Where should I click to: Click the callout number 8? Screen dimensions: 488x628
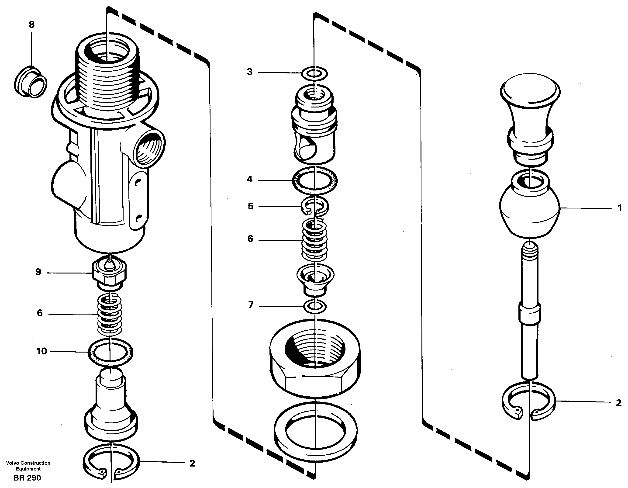point(32,25)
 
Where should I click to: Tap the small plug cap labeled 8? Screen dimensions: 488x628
point(31,82)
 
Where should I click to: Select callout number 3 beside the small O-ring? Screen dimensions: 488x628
point(250,72)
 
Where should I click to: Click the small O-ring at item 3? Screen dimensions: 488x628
point(314,74)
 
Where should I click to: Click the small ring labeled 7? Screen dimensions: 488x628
point(315,306)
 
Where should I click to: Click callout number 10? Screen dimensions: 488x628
point(42,351)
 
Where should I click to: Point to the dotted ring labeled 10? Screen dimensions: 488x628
point(110,352)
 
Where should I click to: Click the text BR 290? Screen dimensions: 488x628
point(27,478)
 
